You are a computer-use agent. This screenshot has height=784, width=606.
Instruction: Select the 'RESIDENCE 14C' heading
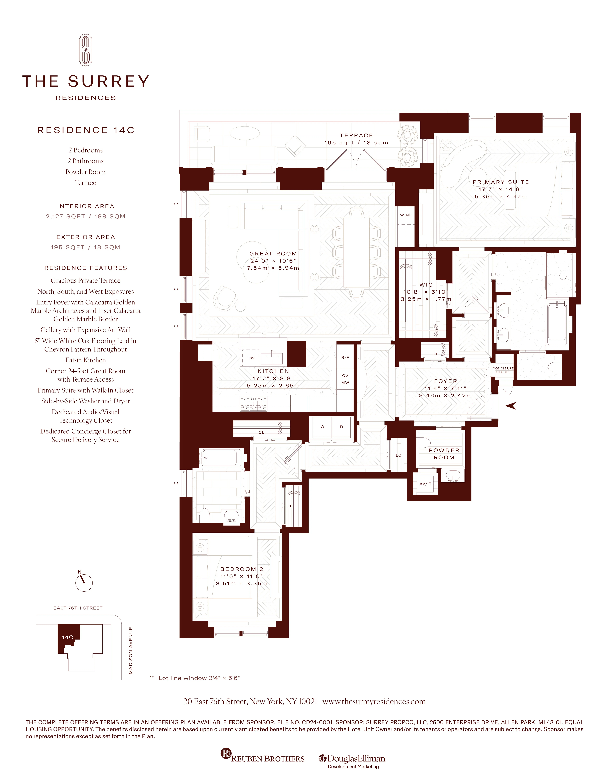click(86, 130)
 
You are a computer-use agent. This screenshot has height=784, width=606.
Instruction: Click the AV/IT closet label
click(425, 484)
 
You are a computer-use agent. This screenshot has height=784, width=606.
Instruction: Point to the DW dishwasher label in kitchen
click(251, 358)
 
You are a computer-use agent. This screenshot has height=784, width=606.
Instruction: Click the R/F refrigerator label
click(345, 358)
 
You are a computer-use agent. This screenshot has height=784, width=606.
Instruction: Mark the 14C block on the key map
click(67, 637)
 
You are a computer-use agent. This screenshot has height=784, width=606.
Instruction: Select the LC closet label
click(399, 455)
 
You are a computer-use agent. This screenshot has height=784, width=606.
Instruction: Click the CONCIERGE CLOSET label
click(503, 370)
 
